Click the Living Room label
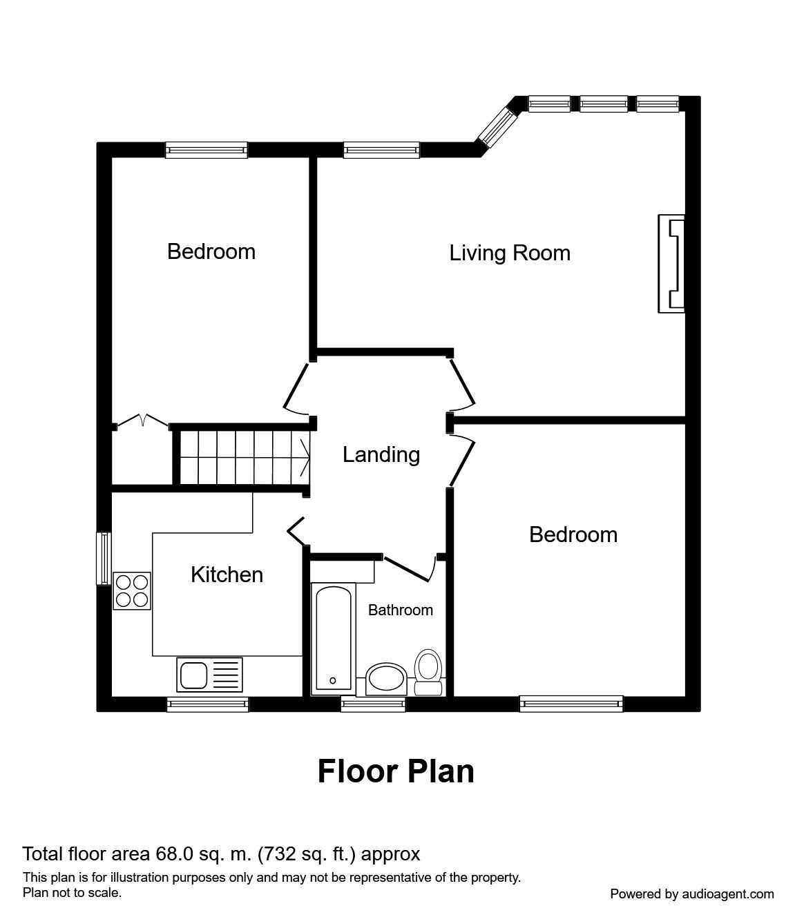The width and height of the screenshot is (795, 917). click(510, 253)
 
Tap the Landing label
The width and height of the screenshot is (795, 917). click(381, 455)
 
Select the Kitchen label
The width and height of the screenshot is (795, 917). click(227, 575)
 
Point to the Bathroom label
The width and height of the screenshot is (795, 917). click(401, 610)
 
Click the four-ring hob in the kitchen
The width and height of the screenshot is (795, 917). click(132, 591)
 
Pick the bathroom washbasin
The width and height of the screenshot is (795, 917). click(385, 679)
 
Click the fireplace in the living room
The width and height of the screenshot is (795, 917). click(671, 264)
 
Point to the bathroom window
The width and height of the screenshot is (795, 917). click(373, 704)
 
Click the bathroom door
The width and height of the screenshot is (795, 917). click(408, 568)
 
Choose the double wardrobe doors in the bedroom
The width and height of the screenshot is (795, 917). click(142, 421)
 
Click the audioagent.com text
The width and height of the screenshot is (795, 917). click(728, 894)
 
